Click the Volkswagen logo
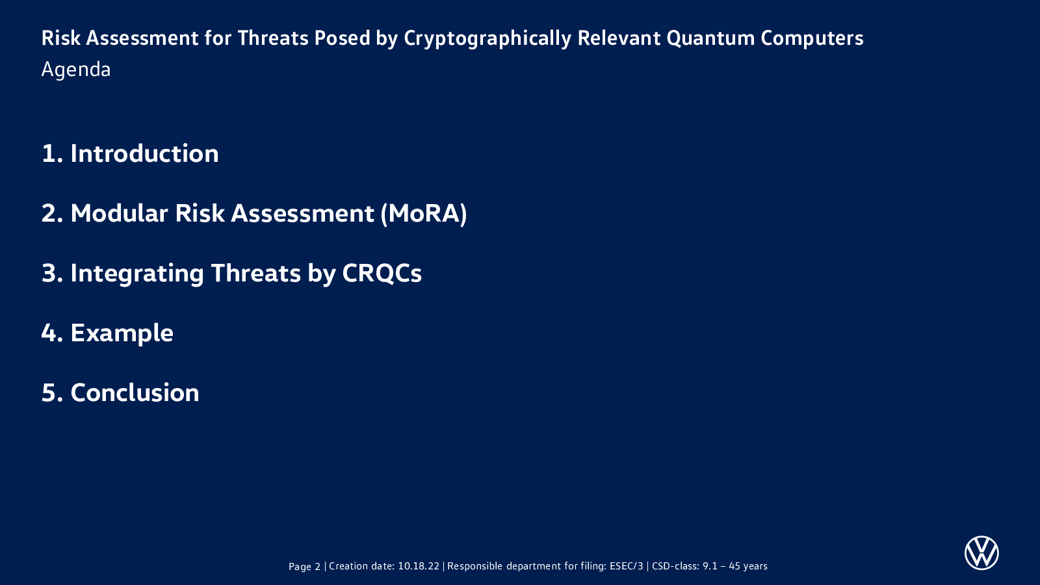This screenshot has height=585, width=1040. (x=981, y=553)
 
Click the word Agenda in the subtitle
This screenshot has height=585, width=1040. (x=76, y=70)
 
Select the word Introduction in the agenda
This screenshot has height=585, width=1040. (x=144, y=153)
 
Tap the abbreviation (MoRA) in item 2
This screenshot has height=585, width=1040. (x=423, y=214)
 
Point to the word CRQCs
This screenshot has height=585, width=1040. (x=382, y=273)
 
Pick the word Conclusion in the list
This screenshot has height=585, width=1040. (x=135, y=393)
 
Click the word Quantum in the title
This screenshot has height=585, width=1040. (x=710, y=38)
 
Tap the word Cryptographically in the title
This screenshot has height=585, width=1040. (x=487, y=39)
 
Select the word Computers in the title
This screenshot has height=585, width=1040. (x=812, y=38)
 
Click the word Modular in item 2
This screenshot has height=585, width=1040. (x=119, y=214)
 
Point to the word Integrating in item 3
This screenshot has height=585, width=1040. (x=137, y=274)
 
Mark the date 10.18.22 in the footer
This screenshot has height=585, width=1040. (x=419, y=566)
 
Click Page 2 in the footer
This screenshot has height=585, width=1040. (x=305, y=566)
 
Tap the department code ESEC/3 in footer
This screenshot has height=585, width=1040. (x=627, y=566)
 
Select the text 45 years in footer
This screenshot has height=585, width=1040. (x=748, y=566)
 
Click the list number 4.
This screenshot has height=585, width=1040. (x=52, y=333)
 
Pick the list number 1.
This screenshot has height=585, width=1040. (x=52, y=153)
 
